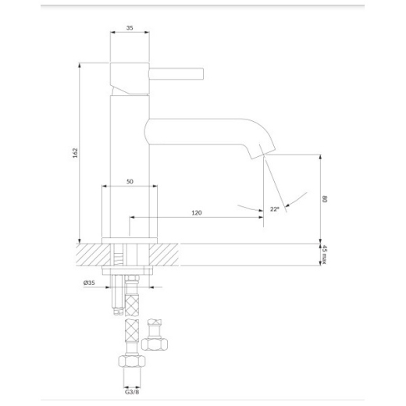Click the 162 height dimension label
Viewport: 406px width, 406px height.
pyautogui.click(x=75, y=153)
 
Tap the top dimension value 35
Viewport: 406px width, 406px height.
pyautogui.click(x=130, y=28)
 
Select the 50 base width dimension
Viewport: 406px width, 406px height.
pyautogui.click(x=130, y=181)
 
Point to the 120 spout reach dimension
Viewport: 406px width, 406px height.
pyautogui.click(x=197, y=212)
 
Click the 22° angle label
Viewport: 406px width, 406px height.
pyautogui.click(x=275, y=208)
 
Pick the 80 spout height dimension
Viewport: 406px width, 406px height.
pyautogui.click(x=325, y=199)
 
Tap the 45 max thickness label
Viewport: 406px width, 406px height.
pyautogui.click(x=325, y=255)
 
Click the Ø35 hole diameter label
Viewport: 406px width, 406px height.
pyautogui.click(x=89, y=283)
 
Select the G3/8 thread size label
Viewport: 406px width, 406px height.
pyautogui.click(x=132, y=392)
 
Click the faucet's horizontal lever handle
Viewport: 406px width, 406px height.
pyautogui.click(x=176, y=73)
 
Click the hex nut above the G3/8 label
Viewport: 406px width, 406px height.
pyautogui.click(x=132, y=361)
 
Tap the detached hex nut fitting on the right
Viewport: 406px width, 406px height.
pyautogui.click(x=155, y=344)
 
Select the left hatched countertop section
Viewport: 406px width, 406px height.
pyautogui.click(x=93, y=255)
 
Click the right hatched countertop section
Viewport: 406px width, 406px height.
pyautogui.click(x=164, y=255)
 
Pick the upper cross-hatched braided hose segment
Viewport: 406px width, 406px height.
pyautogui.click(x=132, y=304)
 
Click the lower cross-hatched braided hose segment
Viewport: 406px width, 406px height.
pyautogui.click(x=132, y=331)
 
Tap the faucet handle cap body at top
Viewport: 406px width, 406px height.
pyautogui.click(x=130, y=78)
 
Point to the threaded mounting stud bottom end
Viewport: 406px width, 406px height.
pyautogui.click(x=119, y=312)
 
